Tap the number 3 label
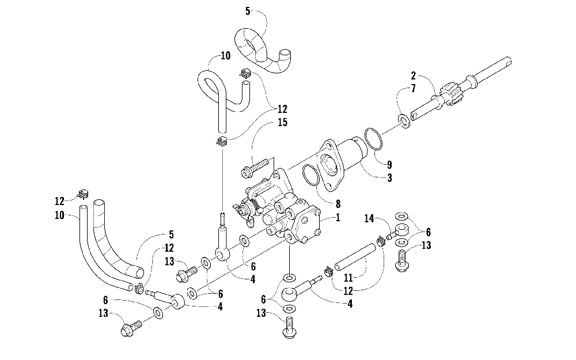[390, 178]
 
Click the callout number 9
[389, 164]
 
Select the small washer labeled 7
[404, 121]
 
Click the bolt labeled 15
[256, 168]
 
